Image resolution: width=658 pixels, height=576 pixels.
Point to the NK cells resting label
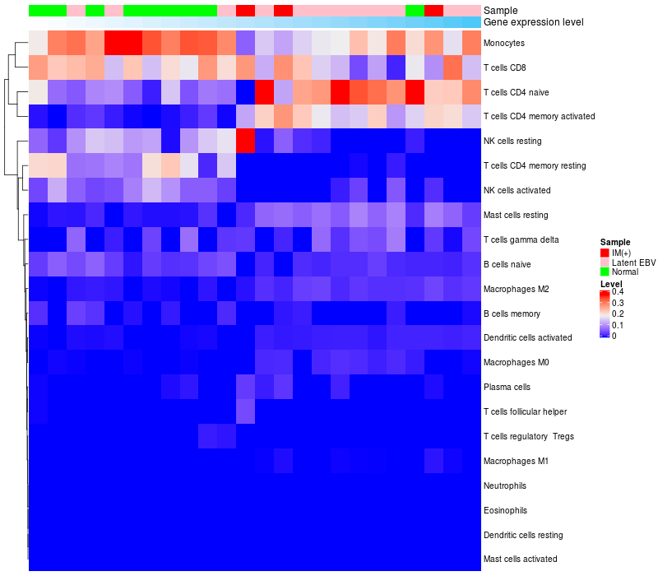point(512,142)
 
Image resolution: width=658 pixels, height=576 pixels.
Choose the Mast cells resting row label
point(516,216)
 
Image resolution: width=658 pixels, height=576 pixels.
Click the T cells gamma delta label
point(521,240)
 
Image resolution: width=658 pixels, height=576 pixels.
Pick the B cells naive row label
point(507,265)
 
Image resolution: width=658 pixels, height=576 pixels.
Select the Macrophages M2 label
point(516,290)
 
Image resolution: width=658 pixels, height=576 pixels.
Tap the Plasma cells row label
point(507,387)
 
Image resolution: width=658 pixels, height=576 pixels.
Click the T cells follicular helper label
point(525,411)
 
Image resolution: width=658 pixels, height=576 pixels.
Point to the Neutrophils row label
point(505,485)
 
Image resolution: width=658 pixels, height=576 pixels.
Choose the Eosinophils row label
point(505,510)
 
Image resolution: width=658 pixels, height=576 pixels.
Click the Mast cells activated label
point(520,560)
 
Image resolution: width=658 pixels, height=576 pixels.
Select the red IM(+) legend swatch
point(605,252)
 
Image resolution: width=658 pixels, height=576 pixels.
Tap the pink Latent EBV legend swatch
point(605,262)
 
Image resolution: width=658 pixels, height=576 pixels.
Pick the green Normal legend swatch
point(605,272)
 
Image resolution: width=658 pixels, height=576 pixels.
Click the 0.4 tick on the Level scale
point(617,291)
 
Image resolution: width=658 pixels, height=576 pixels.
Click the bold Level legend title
point(611,283)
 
